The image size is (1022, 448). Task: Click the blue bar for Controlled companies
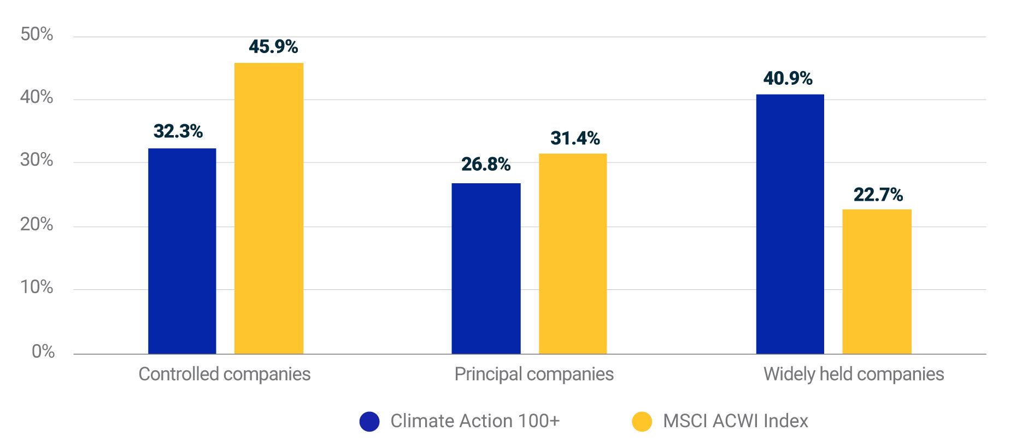tap(182, 251)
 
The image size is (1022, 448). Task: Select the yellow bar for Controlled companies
tap(269, 208)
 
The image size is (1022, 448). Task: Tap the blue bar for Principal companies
tap(486, 269)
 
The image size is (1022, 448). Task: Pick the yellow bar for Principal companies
tap(573, 254)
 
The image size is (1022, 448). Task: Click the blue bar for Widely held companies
tap(790, 224)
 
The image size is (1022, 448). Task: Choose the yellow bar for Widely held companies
tap(877, 282)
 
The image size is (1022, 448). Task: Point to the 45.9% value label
tap(273, 46)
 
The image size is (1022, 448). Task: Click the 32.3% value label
tap(178, 131)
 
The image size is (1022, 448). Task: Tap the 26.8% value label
tap(486, 164)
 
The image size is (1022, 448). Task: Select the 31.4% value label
tap(575, 138)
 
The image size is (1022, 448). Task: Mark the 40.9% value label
tap(788, 79)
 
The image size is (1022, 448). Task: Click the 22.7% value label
tap(878, 195)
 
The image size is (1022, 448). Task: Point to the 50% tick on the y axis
tap(37, 34)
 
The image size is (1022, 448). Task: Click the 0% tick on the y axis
tap(43, 351)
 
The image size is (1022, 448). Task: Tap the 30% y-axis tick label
tap(37, 160)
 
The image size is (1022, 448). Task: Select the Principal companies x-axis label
tap(534, 374)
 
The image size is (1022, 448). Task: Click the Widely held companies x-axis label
tap(853, 374)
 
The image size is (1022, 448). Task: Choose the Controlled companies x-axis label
tap(224, 374)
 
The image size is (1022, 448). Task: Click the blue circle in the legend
tap(369, 421)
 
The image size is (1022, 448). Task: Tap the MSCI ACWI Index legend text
tap(735, 421)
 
